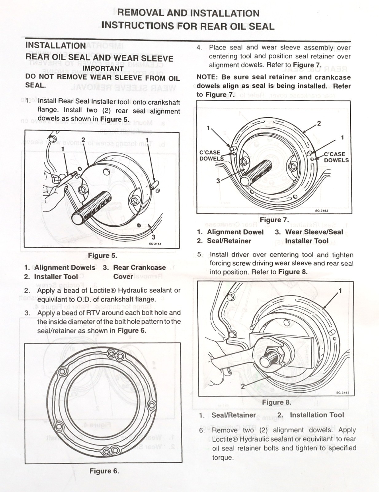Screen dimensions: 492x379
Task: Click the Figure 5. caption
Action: click(102, 256)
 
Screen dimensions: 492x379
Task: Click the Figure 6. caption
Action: click(104, 471)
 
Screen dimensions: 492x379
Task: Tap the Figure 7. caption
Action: click(274, 220)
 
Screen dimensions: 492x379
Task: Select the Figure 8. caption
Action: click(276, 402)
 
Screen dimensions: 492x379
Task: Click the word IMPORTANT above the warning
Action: click(103, 69)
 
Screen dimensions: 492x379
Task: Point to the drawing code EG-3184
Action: click(155, 244)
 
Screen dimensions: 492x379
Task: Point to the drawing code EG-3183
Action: click(322, 211)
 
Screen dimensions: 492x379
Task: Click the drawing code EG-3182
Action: click(342, 392)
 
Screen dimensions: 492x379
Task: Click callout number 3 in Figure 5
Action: click(153, 237)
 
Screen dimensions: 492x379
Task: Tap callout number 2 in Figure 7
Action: click(319, 123)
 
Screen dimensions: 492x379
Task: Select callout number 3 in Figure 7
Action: click(218, 181)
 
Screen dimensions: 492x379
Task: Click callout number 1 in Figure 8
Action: click(340, 291)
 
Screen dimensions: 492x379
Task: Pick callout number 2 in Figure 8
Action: click(243, 386)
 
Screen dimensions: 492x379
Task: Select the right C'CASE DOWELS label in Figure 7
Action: click(336, 157)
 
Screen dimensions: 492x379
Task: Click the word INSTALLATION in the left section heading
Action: click(56, 46)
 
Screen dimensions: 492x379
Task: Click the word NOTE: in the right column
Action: click(207, 77)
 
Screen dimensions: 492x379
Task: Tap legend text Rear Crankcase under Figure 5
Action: click(139, 268)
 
